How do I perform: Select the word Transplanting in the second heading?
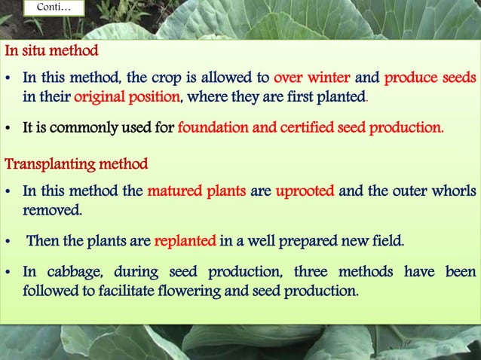pos(42,163)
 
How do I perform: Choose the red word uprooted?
pos(305,191)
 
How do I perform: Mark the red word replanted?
pos(184,242)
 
